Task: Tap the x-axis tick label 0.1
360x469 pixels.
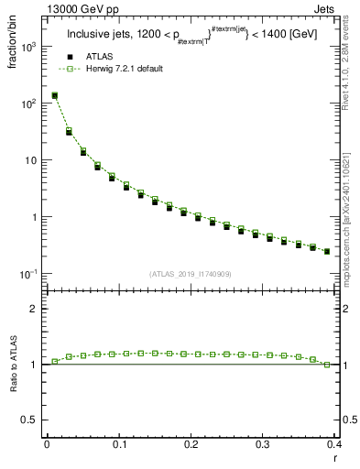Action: (x=119, y=444)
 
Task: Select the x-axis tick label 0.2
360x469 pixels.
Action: (x=191, y=444)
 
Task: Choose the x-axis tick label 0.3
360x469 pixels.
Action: (x=263, y=444)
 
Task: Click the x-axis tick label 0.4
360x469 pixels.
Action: (x=333, y=444)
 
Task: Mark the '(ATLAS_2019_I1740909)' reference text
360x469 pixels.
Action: (x=191, y=274)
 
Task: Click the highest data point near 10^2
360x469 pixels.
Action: (x=54, y=95)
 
